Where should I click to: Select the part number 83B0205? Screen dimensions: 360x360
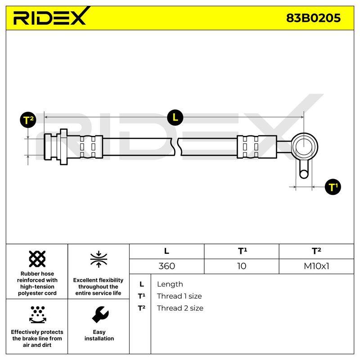(x=313, y=18)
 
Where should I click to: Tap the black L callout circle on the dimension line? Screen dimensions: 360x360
(x=175, y=117)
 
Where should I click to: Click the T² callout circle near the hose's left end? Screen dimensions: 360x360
(x=28, y=120)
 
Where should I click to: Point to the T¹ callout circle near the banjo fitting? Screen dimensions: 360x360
(x=333, y=187)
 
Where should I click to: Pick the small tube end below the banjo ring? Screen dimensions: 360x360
(x=304, y=174)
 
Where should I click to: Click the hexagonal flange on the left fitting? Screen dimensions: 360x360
(x=63, y=147)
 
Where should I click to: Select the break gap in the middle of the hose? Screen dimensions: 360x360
(x=176, y=147)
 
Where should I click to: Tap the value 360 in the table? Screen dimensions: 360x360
(x=166, y=266)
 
